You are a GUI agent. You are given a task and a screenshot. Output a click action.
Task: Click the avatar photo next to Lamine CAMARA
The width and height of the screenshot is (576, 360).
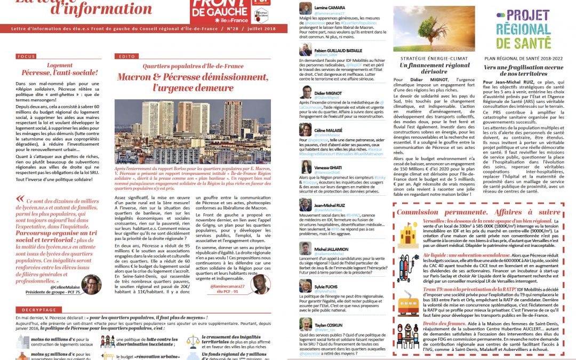tap(305, 8)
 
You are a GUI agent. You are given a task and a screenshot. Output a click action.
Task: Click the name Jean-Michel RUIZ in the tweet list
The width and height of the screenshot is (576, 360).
tap(330, 204)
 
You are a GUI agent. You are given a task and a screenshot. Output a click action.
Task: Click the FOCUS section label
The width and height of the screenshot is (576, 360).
tap(26, 57)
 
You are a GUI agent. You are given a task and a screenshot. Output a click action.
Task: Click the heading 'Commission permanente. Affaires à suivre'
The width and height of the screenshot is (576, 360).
tap(478, 212)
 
